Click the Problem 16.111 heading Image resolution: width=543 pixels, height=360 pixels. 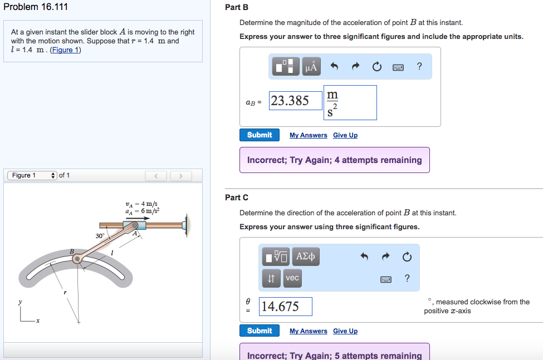pyautogui.click(x=36, y=7)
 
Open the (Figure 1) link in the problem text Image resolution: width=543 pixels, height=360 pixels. pyautogui.click(x=65, y=50)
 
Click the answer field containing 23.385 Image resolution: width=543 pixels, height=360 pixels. pyautogui.click(x=296, y=101)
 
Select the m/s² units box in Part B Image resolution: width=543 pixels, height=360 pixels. pyautogui.click(x=350, y=102)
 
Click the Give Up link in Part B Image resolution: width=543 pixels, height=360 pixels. pyautogui.click(x=345, y=135)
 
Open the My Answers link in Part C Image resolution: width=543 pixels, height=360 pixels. pyautogui.click(x=308, y=331)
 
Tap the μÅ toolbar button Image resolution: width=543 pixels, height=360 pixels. pyautogui.click(x=311, y=67)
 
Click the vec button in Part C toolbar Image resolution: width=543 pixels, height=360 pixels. pyautogui.click(x=292, y=278)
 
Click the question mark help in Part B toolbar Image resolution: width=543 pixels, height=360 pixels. pyautogui.click(x=419, y=67)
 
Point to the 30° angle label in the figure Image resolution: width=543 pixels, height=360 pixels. pyautogui.click(x=100, y=236)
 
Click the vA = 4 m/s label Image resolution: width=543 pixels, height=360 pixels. pyautogui.click(x=141, y=204)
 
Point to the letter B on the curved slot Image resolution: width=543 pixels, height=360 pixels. pyautogui.click(x=71, y=252)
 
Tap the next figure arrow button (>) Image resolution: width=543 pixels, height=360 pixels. pyautogui.click(x=180, y=176)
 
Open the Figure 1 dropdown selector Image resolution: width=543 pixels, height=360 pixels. pyautogui.click(x=32, y=175)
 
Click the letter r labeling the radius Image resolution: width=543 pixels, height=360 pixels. pyautogui.click(x=65, y=292)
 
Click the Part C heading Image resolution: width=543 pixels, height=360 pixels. pyautogui.click(x=237, y=198)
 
